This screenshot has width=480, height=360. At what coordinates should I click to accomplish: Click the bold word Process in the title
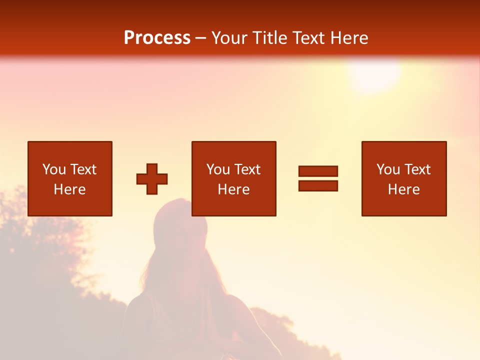157,38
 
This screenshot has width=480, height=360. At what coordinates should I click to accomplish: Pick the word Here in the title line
351,38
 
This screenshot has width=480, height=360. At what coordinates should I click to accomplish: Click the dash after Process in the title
201,38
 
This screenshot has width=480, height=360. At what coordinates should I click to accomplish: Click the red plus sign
152,178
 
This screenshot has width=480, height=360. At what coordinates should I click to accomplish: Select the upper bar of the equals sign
318,171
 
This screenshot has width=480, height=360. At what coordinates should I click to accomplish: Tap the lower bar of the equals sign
318,185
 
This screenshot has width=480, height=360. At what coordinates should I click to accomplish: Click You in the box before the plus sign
54,169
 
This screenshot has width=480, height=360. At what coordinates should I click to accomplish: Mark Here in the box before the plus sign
69,189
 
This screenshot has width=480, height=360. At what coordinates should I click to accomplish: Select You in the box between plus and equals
218,169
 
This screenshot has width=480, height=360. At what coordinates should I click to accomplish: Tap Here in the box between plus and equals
233,189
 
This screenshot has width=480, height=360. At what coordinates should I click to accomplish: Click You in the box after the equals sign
388,169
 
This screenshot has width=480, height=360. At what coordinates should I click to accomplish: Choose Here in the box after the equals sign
403,189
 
